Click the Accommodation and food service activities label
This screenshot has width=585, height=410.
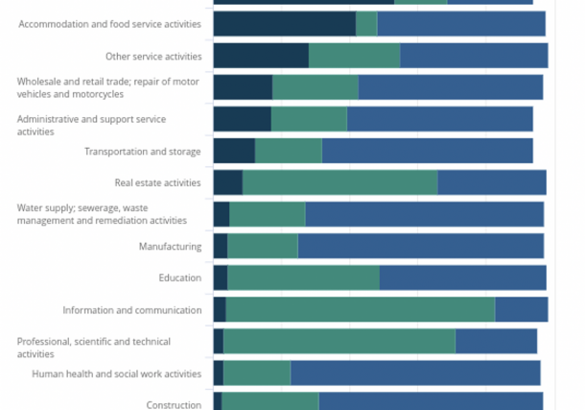pos(110,23)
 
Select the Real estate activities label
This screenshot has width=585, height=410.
pos(158,182)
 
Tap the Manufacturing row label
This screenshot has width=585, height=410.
pos(170,246)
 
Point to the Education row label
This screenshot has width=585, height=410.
pos(180,278)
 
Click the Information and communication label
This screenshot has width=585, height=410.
pos(132,310)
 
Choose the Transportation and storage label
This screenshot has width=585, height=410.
pos(143,152)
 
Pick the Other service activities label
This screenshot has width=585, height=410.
pos(153,57)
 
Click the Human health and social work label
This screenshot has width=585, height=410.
pos(117,374)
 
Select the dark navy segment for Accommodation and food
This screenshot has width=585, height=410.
pos(284,24)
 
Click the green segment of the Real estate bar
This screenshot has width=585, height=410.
pos(339,182)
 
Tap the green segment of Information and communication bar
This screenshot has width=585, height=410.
pos(360,310)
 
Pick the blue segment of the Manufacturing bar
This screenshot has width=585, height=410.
pos(420,247)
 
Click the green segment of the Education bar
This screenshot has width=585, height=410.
pos(303,278)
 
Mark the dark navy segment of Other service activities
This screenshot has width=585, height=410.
pos(261,56)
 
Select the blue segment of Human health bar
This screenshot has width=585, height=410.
pos(415,374)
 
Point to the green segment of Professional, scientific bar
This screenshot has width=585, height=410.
pos(339,342)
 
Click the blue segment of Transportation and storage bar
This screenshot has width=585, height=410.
pos(427,151)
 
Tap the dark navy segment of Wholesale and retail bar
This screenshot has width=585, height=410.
pos(243,87)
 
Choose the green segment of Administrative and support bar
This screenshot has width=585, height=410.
pos(309,119)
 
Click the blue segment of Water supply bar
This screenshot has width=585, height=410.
pos(424,214)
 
